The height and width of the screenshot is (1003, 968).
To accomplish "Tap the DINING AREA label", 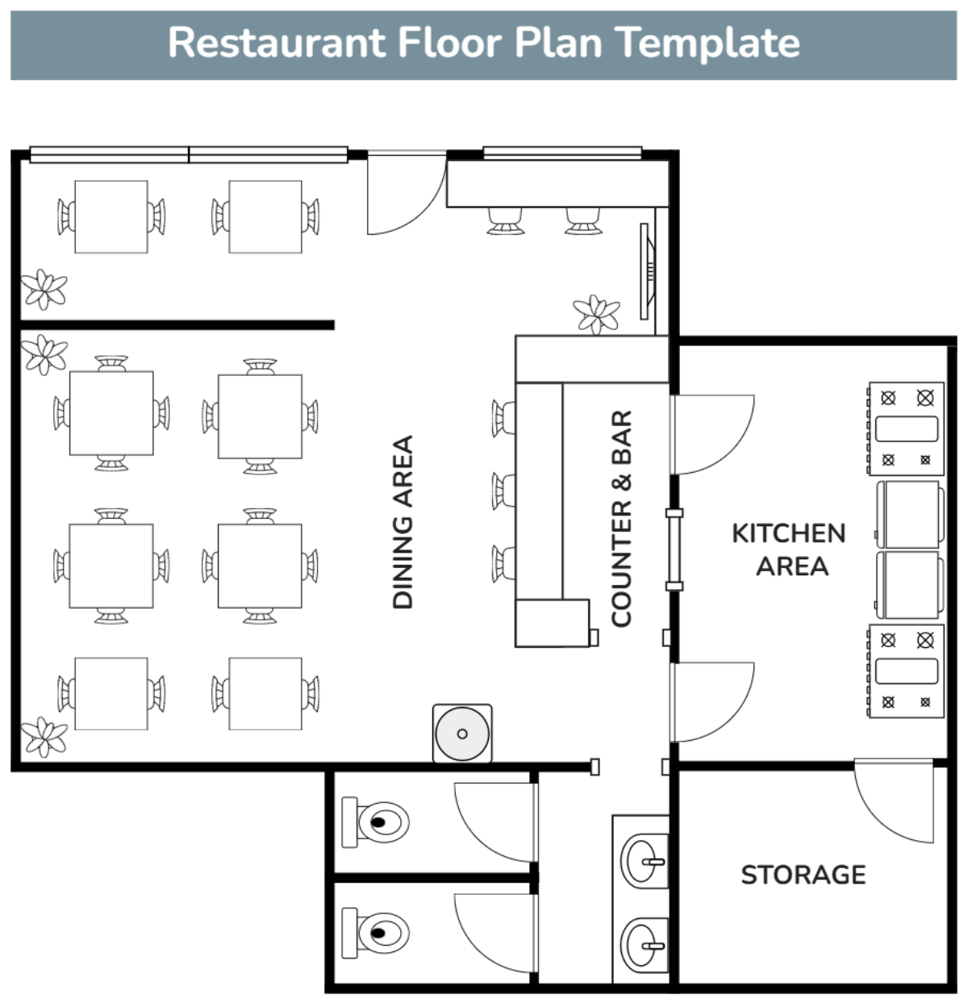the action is (403, 521).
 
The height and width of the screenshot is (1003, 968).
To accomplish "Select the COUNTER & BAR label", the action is (621, 518).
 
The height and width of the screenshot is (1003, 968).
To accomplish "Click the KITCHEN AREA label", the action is (789, 550).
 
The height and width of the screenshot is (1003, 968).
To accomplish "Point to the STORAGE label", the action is (803, 875).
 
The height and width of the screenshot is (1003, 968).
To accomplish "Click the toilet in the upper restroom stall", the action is (375, 822).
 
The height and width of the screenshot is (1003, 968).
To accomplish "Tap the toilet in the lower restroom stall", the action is (375, 933).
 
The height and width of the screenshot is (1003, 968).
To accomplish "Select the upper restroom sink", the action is (644, 861).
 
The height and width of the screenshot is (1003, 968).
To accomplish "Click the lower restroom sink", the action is (644, 945).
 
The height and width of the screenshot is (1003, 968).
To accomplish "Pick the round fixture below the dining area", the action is (462, 733).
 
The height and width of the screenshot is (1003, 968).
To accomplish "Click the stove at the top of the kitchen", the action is (906, 428).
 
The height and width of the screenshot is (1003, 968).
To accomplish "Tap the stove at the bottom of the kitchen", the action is (906, 671).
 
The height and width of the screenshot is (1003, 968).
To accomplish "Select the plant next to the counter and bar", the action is (597, 314).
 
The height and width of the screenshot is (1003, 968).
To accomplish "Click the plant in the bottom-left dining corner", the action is (44, 737).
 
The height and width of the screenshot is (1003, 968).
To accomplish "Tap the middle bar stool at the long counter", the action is (503, 491).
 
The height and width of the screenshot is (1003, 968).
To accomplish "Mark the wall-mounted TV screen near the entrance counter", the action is (648, 271).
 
